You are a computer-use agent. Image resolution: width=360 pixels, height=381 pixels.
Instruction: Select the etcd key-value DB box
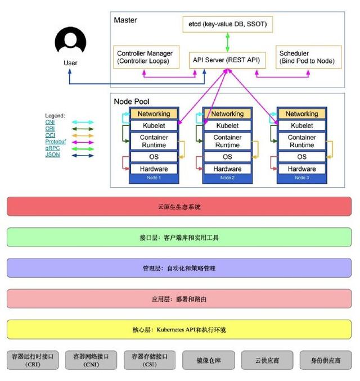tap(227, 24)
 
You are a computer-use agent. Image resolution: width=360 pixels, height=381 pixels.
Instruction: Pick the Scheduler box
tap(307, 57)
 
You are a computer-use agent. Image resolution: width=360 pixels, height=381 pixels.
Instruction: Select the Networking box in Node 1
tap(154, 114)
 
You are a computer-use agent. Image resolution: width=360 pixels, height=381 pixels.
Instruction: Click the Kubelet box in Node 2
tap(227, 126)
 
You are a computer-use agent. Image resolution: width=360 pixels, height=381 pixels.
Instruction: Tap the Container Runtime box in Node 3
tap(301, 141)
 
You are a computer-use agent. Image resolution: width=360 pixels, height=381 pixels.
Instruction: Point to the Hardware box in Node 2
tap(227, 169)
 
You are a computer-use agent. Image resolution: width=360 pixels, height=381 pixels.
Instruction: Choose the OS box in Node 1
tap(154, 157)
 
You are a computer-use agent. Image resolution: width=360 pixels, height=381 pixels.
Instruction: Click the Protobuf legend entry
tap(55, 142)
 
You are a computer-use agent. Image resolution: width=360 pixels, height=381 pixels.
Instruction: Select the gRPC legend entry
tap(52, 148)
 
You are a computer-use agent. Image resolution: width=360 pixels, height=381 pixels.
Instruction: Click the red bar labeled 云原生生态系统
tap(179, 207)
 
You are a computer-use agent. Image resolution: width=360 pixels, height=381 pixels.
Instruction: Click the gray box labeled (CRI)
tap(33, 360)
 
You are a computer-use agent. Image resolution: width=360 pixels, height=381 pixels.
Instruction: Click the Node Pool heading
tap(132, 101)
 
